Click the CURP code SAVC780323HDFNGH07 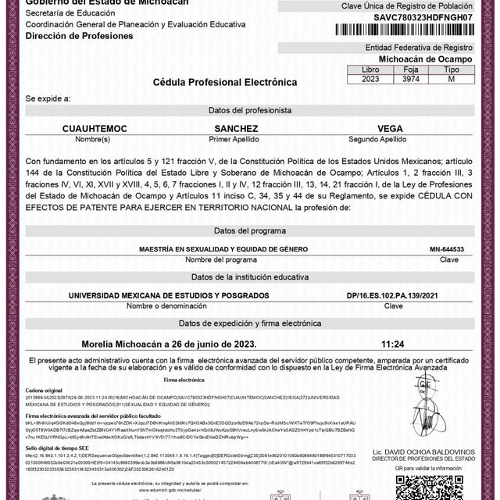pyautogui.click(x=413, y=16)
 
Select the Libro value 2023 pyautogui.click(x=370, y=78)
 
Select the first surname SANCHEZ pyautogui.click(x=235, y=127)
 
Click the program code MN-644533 pyautogui.click(x=446, y=249)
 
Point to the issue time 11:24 pyautogui.click(x=392, y=343)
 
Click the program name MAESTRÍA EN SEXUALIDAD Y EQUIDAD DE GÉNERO pyautogui.click(x=202, y=249)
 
